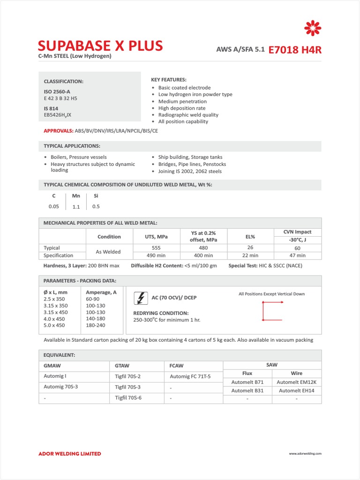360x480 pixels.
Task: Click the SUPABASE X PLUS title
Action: pos(100,45)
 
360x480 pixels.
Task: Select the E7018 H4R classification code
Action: pos(295,50)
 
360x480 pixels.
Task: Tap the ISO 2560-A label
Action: pos(57,92)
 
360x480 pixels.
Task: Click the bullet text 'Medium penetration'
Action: pos(182,101)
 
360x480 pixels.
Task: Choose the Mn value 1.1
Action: pos(76,207)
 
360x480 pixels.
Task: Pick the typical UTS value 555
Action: pos(157,247)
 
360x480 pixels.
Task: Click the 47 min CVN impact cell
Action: pos(297,255)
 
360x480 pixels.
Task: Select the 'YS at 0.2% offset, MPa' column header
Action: pos(202,236)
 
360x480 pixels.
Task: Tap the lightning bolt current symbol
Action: pos(140,298)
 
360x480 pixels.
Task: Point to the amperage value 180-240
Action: pos(96,325)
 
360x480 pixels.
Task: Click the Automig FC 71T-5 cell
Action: pos(190,376)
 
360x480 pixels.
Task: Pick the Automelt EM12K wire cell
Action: pos(297,382)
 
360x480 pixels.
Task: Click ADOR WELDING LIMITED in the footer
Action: pos(69,454)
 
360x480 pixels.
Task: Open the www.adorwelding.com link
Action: pos(305,454)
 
